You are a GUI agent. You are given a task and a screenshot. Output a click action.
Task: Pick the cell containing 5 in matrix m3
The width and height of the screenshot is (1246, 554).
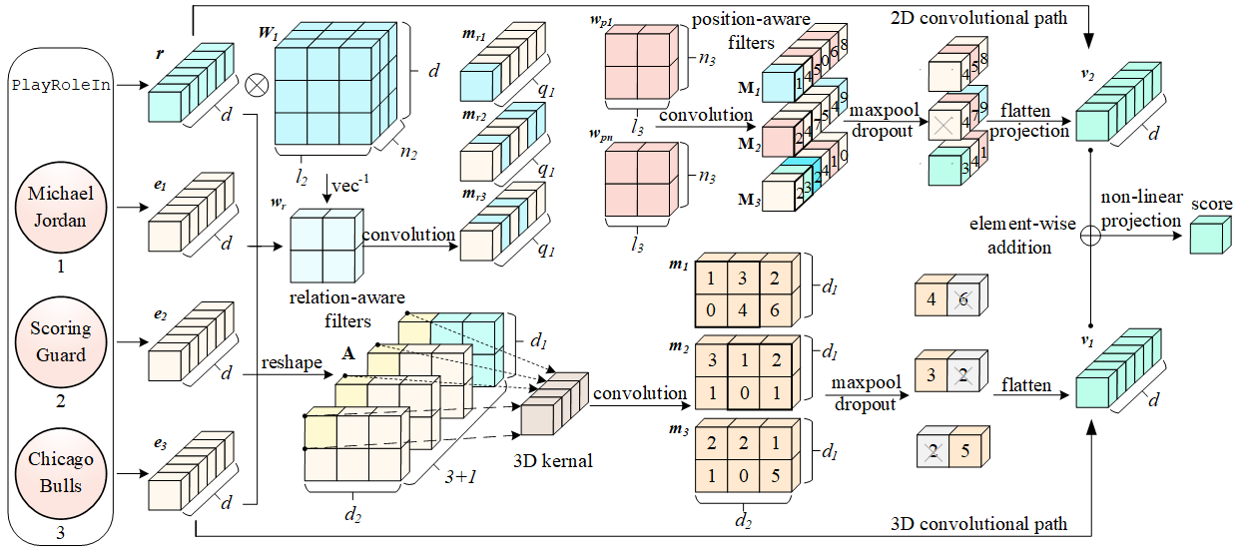(775, 477)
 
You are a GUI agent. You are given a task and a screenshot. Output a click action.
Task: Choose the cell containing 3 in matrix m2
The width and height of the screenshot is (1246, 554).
(711, 359)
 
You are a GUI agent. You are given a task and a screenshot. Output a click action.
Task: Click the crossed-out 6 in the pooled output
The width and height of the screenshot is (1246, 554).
(963, 298)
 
